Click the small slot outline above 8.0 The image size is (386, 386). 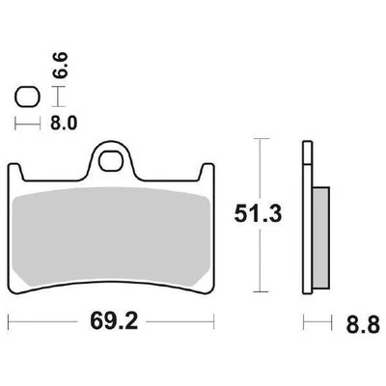click(x=26, y=96)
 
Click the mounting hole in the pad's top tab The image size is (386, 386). click(x=115, y=159)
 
